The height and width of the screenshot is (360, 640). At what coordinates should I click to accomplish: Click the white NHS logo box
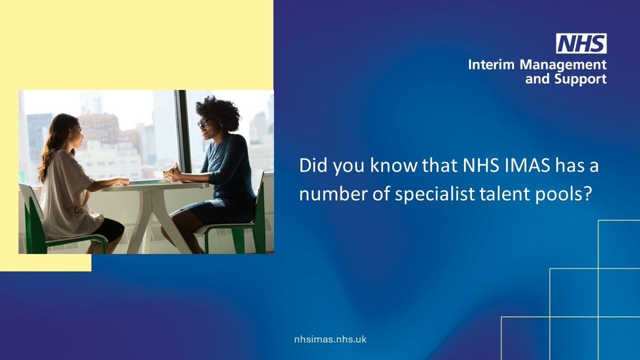581,44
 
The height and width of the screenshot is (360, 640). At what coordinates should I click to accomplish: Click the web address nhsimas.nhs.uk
331,339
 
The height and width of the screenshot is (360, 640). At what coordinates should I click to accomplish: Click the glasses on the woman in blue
203,123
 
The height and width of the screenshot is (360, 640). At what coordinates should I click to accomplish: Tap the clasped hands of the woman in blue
173,174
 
